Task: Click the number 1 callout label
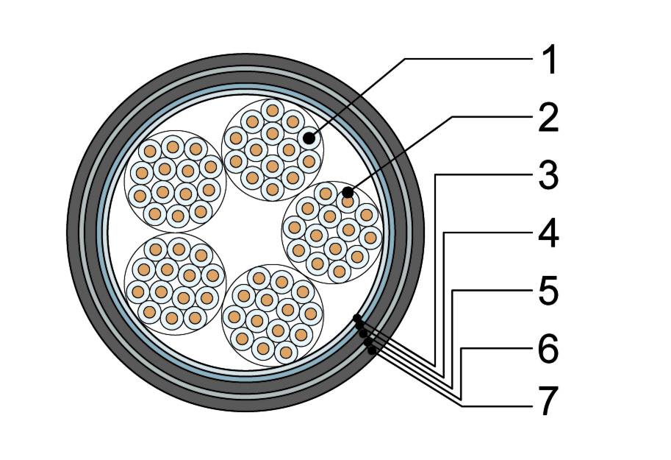pyautogui.click(x=549, y=60)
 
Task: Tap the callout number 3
pyautogui.click(x=548, y=175)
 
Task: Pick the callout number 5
pyautogui.click(x=548, y=291)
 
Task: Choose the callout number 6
pyautogui.click(x=548, y=349)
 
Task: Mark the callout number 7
pyautogui.click(x=548, y=401)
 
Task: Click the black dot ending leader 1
pyautogui.click(x=309, y=138)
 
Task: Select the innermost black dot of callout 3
pyautogui.click(x=357, y=318)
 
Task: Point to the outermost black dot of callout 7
pyautogui.click(x=372, y=350)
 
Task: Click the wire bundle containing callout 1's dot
pyautogui.click(x=272, y=149)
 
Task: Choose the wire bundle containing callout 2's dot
pyautogui.click(x=332, y=232)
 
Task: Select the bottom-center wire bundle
pyautogui.click(x=272, y=315)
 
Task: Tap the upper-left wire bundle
pyautogui.click(x=175, y=181)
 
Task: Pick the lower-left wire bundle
pyautogui.click(x=175, y=284)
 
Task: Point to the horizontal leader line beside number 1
pyautogui.click(x=470, y=59)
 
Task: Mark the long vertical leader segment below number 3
pyautogui.click(x=435, y=270)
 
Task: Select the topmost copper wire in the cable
pyautogui.click(x=272, y=110)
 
